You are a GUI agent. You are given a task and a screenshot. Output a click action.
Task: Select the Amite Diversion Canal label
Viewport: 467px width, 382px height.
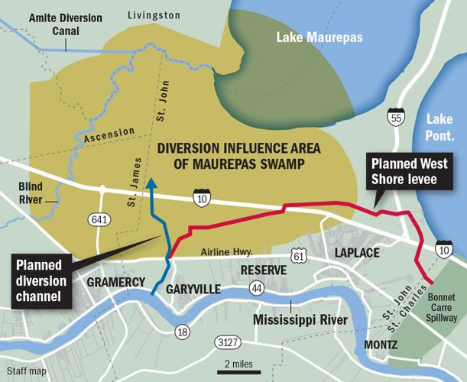[51, 22]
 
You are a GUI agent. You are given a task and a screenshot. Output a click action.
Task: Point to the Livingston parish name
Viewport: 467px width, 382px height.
[154, 15]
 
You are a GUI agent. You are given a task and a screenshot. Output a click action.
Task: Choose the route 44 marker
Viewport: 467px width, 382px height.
[257, 288]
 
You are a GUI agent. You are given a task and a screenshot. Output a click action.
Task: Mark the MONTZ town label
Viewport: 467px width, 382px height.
[380, 345]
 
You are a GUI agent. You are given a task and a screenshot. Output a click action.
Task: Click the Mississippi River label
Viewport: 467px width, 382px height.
[300, 319]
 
